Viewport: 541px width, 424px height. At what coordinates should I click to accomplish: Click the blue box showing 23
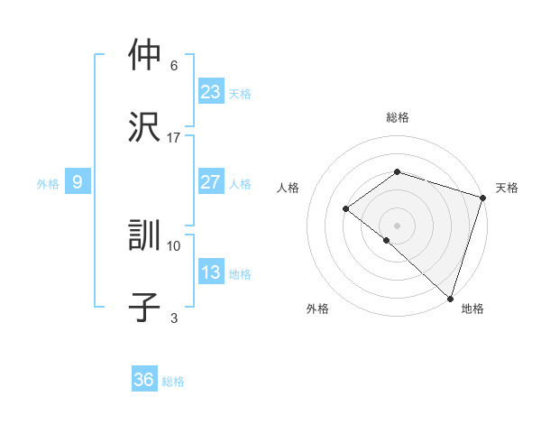(x=211, y=91)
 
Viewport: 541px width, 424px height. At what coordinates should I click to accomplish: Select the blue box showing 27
(x=211, y=182)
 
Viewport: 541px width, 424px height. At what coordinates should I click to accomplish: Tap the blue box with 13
(x=211, y=272)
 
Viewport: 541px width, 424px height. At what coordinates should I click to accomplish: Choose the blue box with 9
(x=78, y=182)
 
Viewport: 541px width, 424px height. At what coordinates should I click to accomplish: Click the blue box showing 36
(x=144, y=380)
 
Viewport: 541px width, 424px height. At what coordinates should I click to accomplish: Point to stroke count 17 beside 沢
(x=174, y=137)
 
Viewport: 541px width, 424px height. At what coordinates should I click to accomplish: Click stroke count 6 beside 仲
(x=174, y=65)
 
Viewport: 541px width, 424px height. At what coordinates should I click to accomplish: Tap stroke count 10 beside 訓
(x=174, y=245)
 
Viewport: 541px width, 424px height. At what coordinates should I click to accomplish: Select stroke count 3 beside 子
(x=174, y=318)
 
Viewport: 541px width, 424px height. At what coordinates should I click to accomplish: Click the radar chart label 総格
(x=397, y=117)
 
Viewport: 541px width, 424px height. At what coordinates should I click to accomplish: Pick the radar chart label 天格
(x=507, y=188)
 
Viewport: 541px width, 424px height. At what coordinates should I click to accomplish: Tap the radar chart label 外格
(x=317, y=309)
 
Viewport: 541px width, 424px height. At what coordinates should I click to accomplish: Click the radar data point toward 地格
(x=450, y=298)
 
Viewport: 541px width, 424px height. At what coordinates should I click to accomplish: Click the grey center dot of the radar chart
(x=397, y=225)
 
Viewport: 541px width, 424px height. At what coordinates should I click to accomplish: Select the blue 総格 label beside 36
(x=173, y=382)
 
